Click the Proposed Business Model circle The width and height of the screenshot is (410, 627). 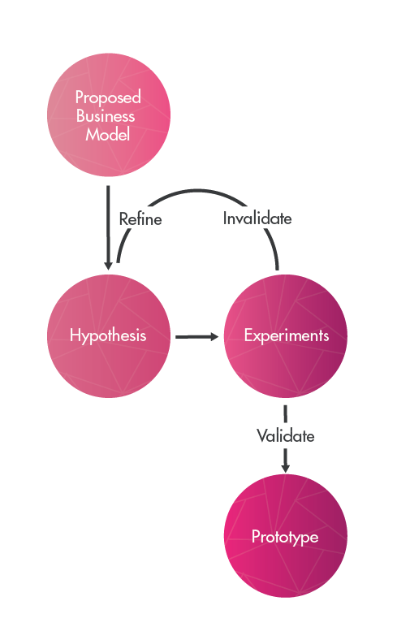[108, 116]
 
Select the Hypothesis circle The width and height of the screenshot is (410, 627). [108, 335]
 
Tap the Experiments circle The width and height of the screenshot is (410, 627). [286, 335]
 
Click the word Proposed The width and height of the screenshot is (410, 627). [108, 97]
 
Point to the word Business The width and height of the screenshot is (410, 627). [106, 116]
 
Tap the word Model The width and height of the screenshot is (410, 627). [108, 135]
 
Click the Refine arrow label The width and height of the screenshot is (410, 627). [140, 218]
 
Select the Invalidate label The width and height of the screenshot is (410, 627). [257, 218]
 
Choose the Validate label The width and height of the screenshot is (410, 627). [286, 436]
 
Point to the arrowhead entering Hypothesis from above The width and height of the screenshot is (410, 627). [108, 266]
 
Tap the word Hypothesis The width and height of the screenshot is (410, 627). [108, 335]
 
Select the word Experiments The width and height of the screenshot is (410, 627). [286, 335]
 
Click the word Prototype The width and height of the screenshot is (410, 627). [285, 538]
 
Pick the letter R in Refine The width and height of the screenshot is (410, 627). [123, 218]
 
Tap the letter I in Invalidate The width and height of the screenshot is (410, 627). [225, 218]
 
